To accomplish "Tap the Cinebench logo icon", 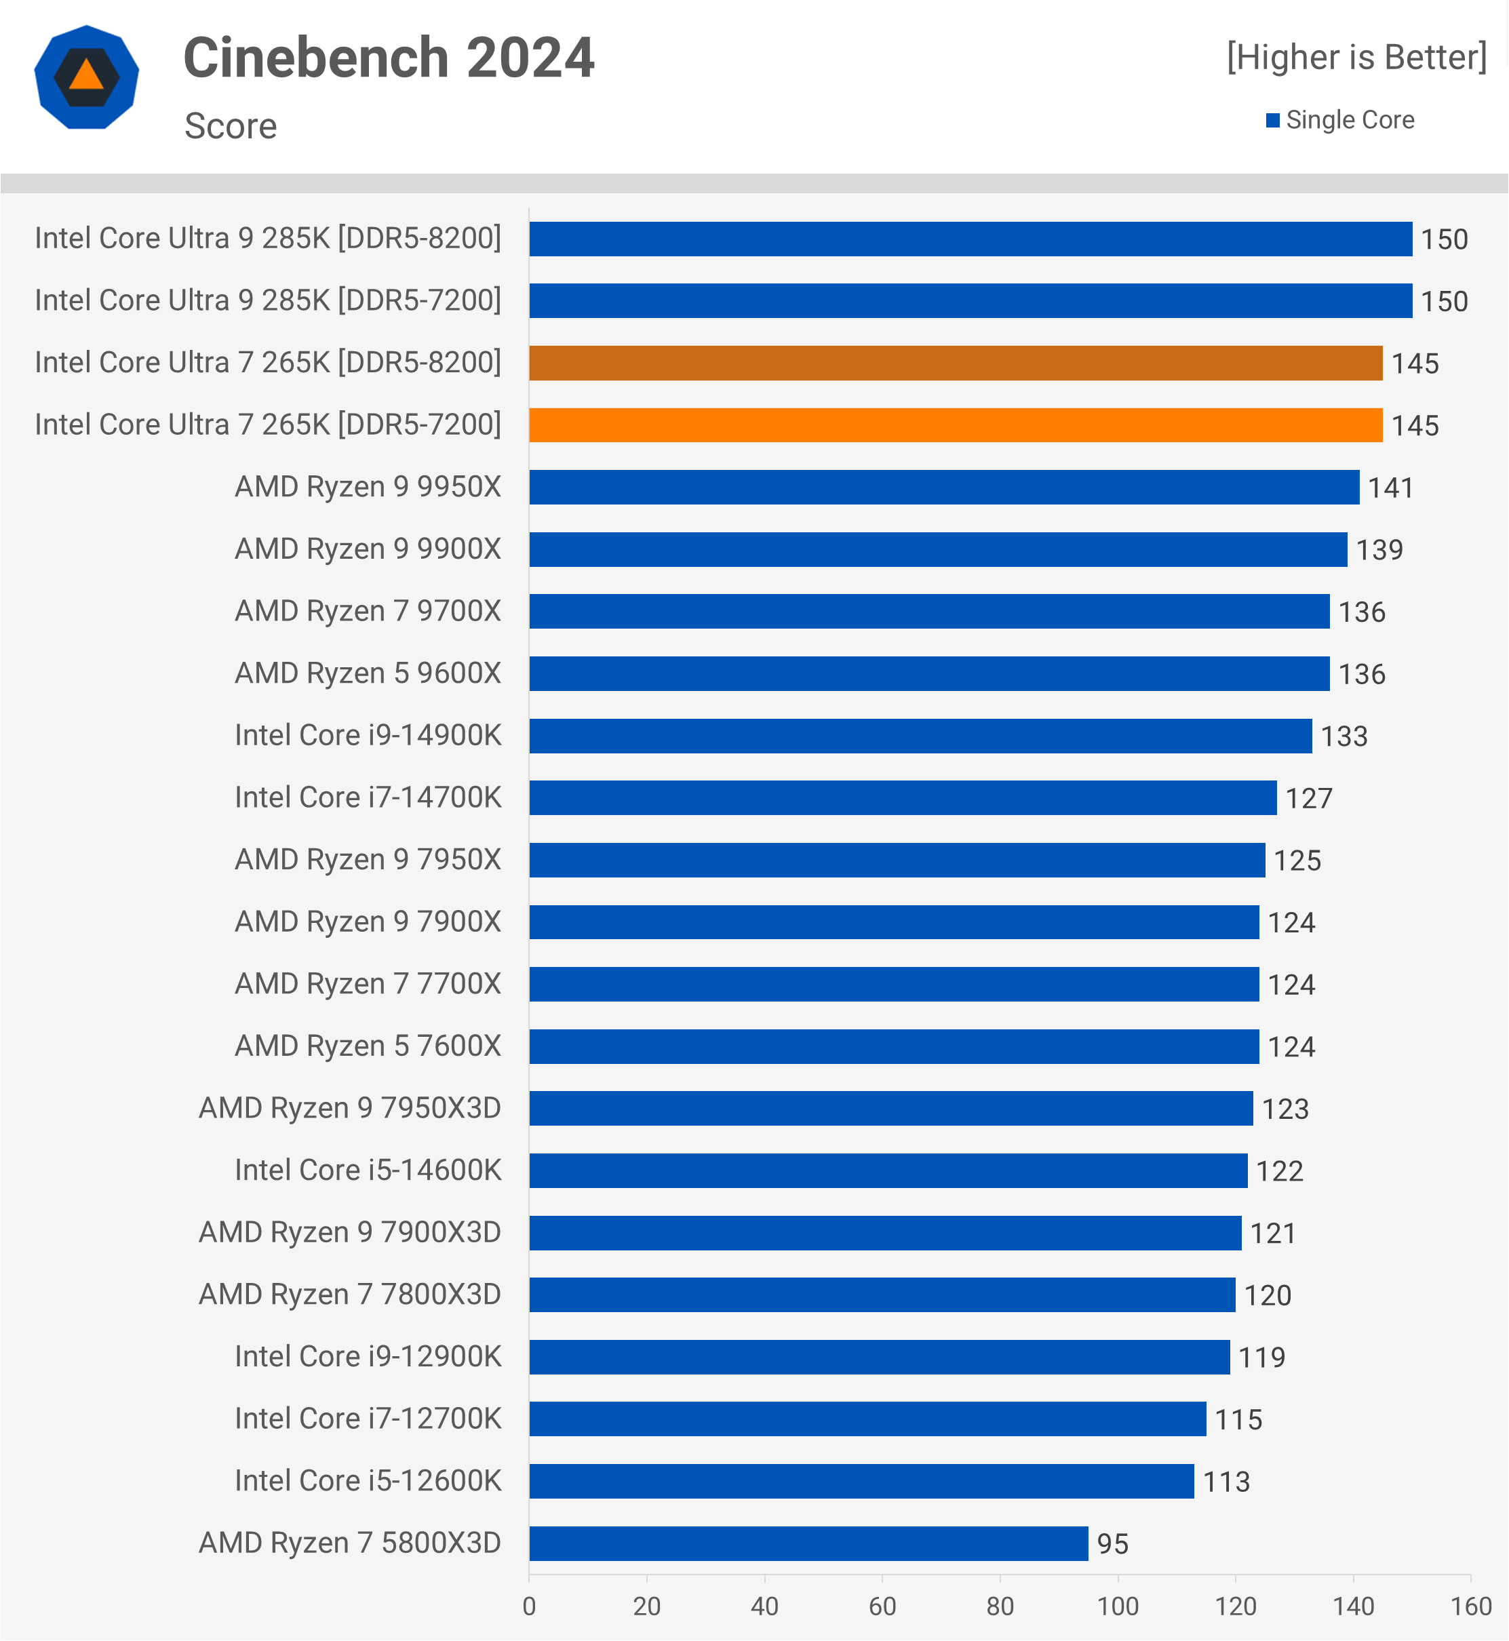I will (x=87, y=77).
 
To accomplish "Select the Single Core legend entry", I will (x=1341, y=120).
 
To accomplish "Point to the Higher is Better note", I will (x=1356, y=57).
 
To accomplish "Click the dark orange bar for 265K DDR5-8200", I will (x=956, y=363).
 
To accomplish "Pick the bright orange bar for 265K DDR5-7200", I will (x=956, y=425).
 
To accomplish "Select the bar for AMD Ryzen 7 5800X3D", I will (x=808, y=1544).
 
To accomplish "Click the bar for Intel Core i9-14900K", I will (x=920, y=736).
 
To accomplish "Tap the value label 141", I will (x=1390, y=488).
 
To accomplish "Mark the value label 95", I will (x=1112, y=1545).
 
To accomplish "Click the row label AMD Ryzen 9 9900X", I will (x=368, y=549).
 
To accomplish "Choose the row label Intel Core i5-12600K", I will (x=368, y=1481).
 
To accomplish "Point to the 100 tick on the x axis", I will (x=1117, y=1606).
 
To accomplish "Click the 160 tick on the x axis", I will (x=1470, y=1606).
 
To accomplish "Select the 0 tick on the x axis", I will (x=529, y=1606).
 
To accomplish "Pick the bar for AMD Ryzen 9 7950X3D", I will (x=891, y=1109).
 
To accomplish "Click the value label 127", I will (x=1309, y=798).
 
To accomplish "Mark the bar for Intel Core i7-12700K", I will (x=867, y=1420).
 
